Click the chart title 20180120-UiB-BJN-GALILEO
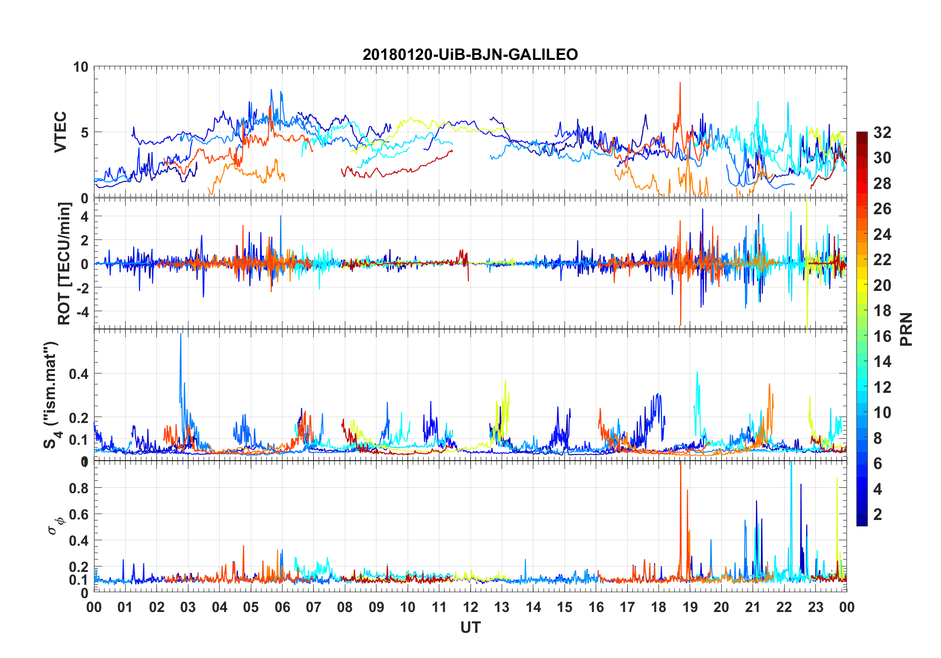coord(470,54)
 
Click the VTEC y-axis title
coord(60,132)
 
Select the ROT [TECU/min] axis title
coord(64,263)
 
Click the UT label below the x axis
coord(470,628)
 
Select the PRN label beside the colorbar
coord(906,329)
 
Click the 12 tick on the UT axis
coord(470,607)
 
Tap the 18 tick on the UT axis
coord(659,607)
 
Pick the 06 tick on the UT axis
coord(282,607)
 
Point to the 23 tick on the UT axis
coord(815,607)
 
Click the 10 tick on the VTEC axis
coord(81,67)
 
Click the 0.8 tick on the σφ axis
coord(79,488)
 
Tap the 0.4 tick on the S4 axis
coord(79,374)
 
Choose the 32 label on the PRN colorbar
coord(882,132)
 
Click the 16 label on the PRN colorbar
coord(882,336)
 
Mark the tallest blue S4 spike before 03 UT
coord(181,334)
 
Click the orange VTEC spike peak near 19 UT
coord(680,83)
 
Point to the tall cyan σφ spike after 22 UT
coord(791,463)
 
